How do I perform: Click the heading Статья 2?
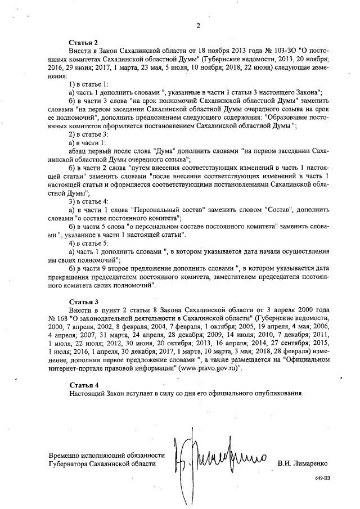[83, 43]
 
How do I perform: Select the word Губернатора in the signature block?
[71, 465]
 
